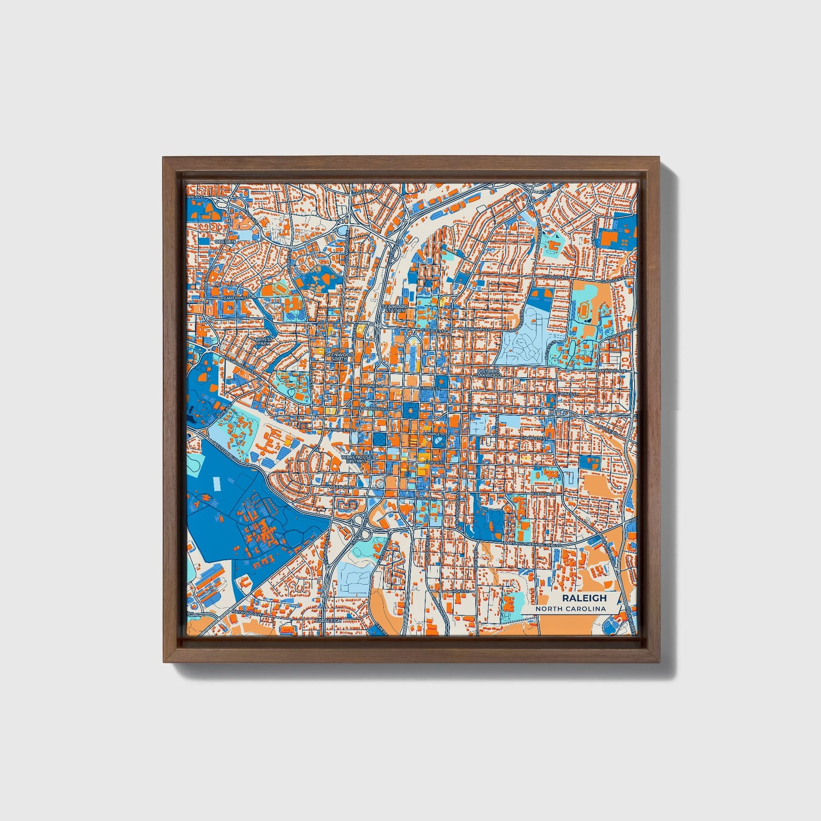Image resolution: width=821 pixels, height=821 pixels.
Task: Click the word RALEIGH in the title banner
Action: [x=584, y=598]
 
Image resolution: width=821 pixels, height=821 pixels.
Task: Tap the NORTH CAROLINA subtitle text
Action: [x=574, y=609]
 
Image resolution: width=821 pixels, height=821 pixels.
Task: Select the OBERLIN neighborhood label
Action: [x=224, y=241]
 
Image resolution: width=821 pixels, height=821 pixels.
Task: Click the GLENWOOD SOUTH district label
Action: [x=339, y=356]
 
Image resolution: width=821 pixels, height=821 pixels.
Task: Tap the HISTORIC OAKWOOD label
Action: [x=489, y=373]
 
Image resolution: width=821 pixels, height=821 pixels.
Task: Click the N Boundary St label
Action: [x=474, y=329]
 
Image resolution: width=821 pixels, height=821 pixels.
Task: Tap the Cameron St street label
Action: [x=235, y=298]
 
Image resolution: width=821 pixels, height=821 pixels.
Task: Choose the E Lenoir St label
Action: [x=544, y=494]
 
